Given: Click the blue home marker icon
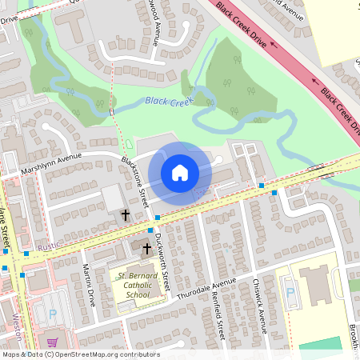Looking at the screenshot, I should pyautogui.click(x=180, y=173).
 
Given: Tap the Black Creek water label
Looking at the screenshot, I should pyautogui.click(x=168, y=101).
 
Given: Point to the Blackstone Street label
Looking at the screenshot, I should pyautogui.click(x=135, y=182).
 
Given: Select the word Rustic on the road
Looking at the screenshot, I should pyautogui.click(x=49, y=246).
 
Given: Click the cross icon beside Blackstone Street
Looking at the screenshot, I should pyautogui.click(x=125, y=214).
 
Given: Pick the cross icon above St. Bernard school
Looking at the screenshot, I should pyautogui.click(x=146, y=249).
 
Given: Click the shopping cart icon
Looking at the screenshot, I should pyautogui.click(x=52, y=342).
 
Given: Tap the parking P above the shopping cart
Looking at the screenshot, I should pyautogui.click(x=53, y=314).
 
